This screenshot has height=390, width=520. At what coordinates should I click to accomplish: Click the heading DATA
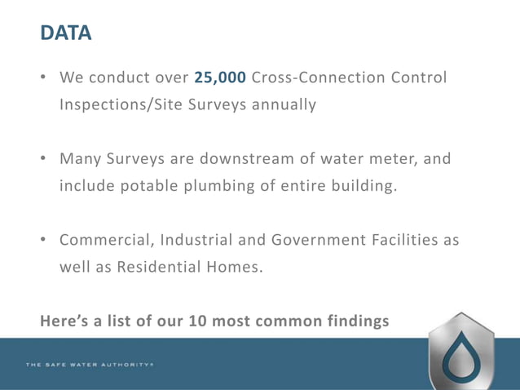coord(66,33)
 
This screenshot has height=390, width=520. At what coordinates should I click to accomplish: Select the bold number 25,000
coord(220,78)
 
